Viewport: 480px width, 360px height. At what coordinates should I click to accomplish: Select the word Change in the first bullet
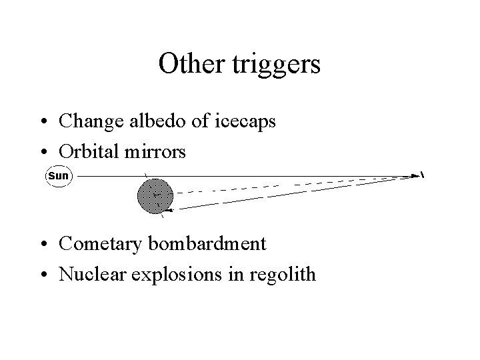tap(85, 121)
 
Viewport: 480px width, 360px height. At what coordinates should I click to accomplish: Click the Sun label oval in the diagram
tap(58, 176)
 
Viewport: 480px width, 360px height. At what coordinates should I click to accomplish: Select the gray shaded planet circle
tap(155, 195)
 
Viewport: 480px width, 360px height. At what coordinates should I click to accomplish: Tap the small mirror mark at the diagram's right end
tap(422, 175)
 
